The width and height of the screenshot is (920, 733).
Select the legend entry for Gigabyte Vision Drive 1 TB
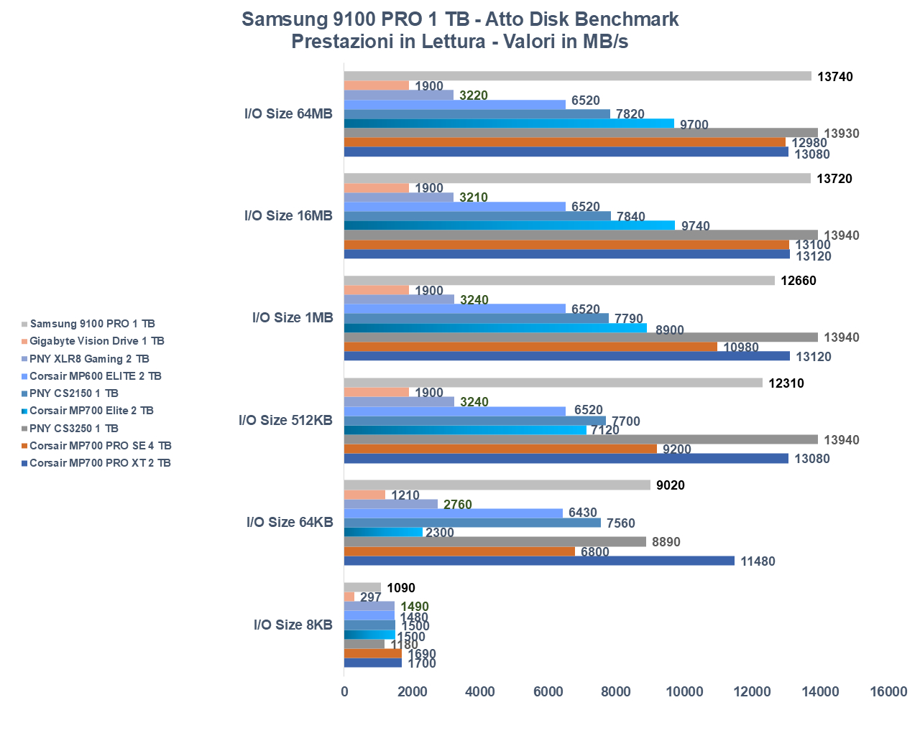[96, 341]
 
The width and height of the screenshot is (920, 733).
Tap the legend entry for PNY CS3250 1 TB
[73, 429]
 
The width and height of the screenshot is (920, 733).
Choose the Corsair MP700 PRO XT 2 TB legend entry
[100, 463]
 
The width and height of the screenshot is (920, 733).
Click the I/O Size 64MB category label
[288, 113]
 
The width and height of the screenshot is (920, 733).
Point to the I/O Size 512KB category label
[285, 420]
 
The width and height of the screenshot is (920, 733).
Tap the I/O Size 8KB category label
[293, 625]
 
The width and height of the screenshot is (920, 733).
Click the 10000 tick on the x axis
[684, 691]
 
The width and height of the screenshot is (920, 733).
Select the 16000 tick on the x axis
[888, 691]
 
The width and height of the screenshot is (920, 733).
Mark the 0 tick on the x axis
[344, 691]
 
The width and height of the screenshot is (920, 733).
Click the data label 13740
[835, 77]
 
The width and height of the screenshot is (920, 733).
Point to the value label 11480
[758, 561]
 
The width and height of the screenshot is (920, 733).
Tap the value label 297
[370, 597]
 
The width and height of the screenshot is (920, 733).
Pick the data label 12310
[786, 383]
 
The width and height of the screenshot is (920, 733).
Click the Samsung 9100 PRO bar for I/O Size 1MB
[559, 281]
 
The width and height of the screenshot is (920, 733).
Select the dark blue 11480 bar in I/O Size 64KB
[539, 561]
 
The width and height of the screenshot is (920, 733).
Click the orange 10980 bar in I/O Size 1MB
[530, 347]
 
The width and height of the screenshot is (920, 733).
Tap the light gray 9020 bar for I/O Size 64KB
[497, 485]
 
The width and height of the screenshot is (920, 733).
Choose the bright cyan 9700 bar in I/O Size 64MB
[509, 123]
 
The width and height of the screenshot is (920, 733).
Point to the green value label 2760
[457, 505]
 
